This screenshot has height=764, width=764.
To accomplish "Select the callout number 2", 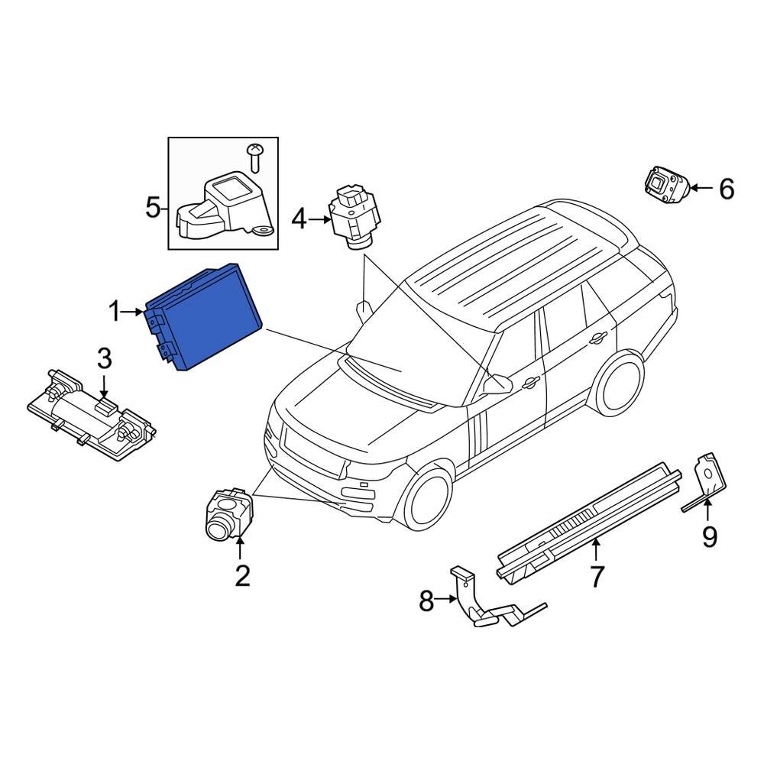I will pyautogui.click(x=241, y=575).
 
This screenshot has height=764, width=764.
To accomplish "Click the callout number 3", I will pyautogui.click(x=104, y=357).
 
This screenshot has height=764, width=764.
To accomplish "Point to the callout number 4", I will pyautogui.click(x=298, y=221).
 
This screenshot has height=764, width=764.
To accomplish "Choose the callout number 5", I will pyautogui.click(x=154, y=206).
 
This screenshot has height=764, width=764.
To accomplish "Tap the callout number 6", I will pyautogui.click(x=726, y=188).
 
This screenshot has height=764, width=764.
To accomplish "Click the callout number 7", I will pyautogui.click(x=597, y=575).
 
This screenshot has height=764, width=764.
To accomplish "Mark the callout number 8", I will pyautogui.click(x=426, y=602).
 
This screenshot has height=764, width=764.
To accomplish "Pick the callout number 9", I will pyautogui.click(x=710, y=537).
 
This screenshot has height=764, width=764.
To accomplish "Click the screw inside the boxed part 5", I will pyautogui.click(x=257, y=157).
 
